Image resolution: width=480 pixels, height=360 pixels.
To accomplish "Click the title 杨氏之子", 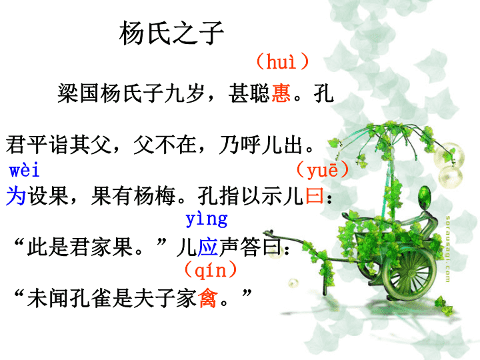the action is pos(171,33).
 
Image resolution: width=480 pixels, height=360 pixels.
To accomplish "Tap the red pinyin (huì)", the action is pos(282,61).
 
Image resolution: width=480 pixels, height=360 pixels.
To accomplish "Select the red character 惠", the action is pos(281,93).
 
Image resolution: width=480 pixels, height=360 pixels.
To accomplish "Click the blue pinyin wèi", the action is pos(24,170).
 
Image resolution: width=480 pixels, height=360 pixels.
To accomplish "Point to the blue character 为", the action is pos(16,195).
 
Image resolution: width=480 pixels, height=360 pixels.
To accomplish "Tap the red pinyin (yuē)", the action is pos(323,169).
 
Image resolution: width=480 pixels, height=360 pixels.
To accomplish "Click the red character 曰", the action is pos(315,195).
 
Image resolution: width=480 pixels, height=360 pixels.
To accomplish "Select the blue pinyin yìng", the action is pos(207,219).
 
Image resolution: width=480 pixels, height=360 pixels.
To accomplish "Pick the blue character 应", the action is pos(208,247).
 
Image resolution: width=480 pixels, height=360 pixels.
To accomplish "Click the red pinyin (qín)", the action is pos(211,270).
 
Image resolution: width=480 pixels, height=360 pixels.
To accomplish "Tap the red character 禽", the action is pos(208,298).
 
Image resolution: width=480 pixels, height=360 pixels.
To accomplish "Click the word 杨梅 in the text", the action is pos(155,195).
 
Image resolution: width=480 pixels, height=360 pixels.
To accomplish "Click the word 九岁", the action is pos(185,93).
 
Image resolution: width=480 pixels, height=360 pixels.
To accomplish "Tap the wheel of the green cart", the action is pos(409,274).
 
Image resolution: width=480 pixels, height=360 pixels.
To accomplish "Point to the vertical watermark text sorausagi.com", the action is pos(447,249).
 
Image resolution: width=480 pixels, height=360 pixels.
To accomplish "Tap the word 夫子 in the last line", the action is pos(165,298).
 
